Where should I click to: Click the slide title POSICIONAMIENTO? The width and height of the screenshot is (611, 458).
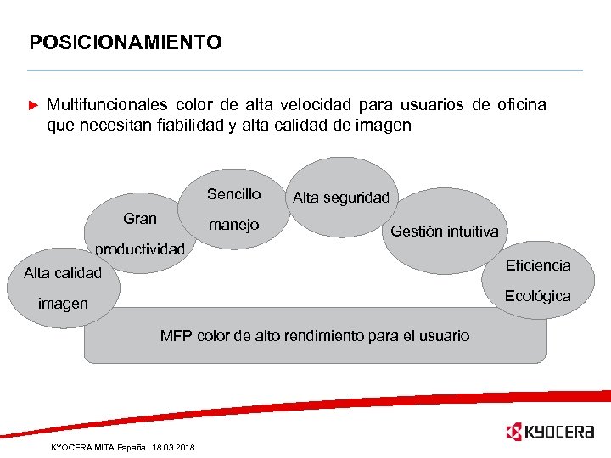tap(125, 42)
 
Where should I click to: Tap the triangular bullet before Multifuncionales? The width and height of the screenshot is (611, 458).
tap(34, 106)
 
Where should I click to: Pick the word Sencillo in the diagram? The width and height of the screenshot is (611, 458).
tap(233, 194)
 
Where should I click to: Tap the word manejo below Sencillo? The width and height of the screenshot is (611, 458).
tap(233, 226)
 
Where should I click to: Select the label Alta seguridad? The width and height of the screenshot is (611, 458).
tap(340, 198)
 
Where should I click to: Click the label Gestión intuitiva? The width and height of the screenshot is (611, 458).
tap(444, 232)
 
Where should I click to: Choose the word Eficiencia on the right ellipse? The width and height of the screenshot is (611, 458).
tap(538, 265)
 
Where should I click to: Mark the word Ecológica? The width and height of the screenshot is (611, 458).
tap(538, 296)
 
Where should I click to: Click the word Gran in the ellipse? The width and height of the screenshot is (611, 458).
tap(140, 219)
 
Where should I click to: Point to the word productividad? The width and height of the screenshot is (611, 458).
tap(139, 249)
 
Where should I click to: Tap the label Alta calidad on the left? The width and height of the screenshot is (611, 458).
tap(62, 273)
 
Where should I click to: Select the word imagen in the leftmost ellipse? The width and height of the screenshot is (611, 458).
tap(62, 304)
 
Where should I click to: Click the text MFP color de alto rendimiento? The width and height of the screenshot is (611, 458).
tap(314, 336)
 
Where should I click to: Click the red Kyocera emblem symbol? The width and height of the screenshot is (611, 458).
tap(513, 433)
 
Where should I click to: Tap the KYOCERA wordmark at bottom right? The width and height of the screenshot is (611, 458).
tap(561, 433)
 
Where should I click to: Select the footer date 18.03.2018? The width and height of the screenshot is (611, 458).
tap(174, 447)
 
